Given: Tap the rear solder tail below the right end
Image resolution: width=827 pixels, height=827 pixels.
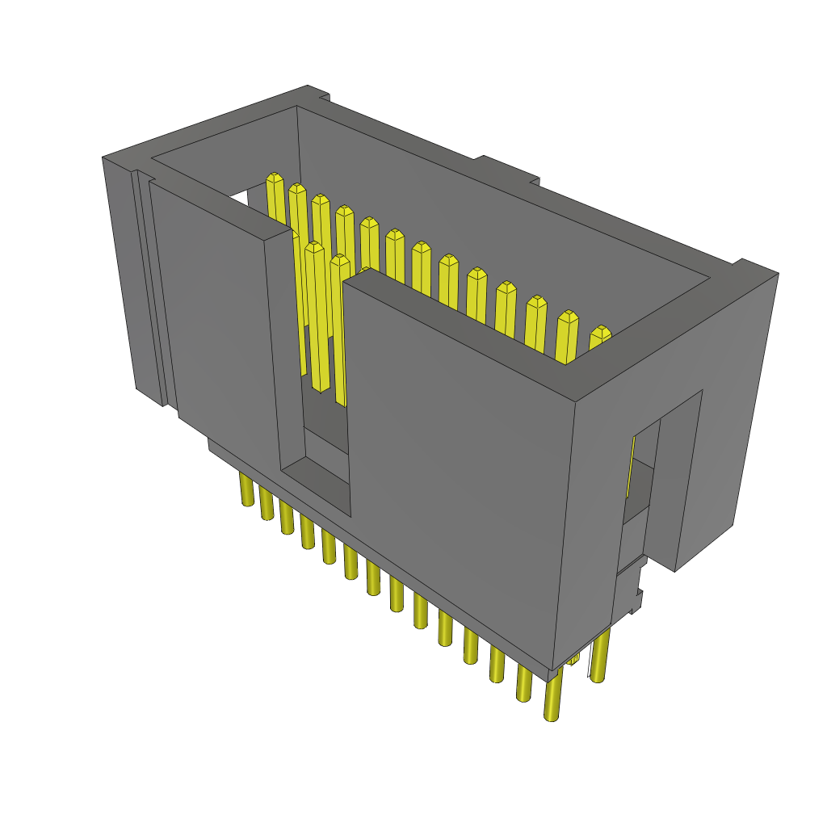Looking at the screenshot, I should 599,658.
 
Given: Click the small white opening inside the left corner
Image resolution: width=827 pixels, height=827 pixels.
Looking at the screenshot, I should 241,198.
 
